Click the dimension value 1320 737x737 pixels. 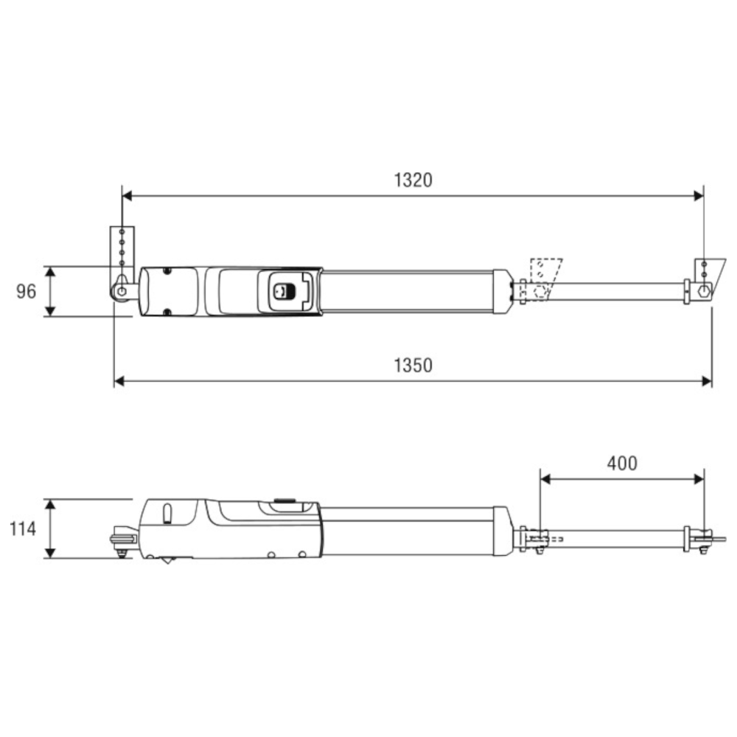413,180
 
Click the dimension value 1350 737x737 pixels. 413,366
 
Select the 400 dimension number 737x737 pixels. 622,464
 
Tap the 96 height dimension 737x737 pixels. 27,291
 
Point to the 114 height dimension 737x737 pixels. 23,528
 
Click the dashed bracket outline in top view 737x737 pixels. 545,279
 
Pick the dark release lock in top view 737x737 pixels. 284,291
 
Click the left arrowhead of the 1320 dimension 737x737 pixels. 127,195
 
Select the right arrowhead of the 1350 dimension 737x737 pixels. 707,381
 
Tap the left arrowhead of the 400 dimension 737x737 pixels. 545,479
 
